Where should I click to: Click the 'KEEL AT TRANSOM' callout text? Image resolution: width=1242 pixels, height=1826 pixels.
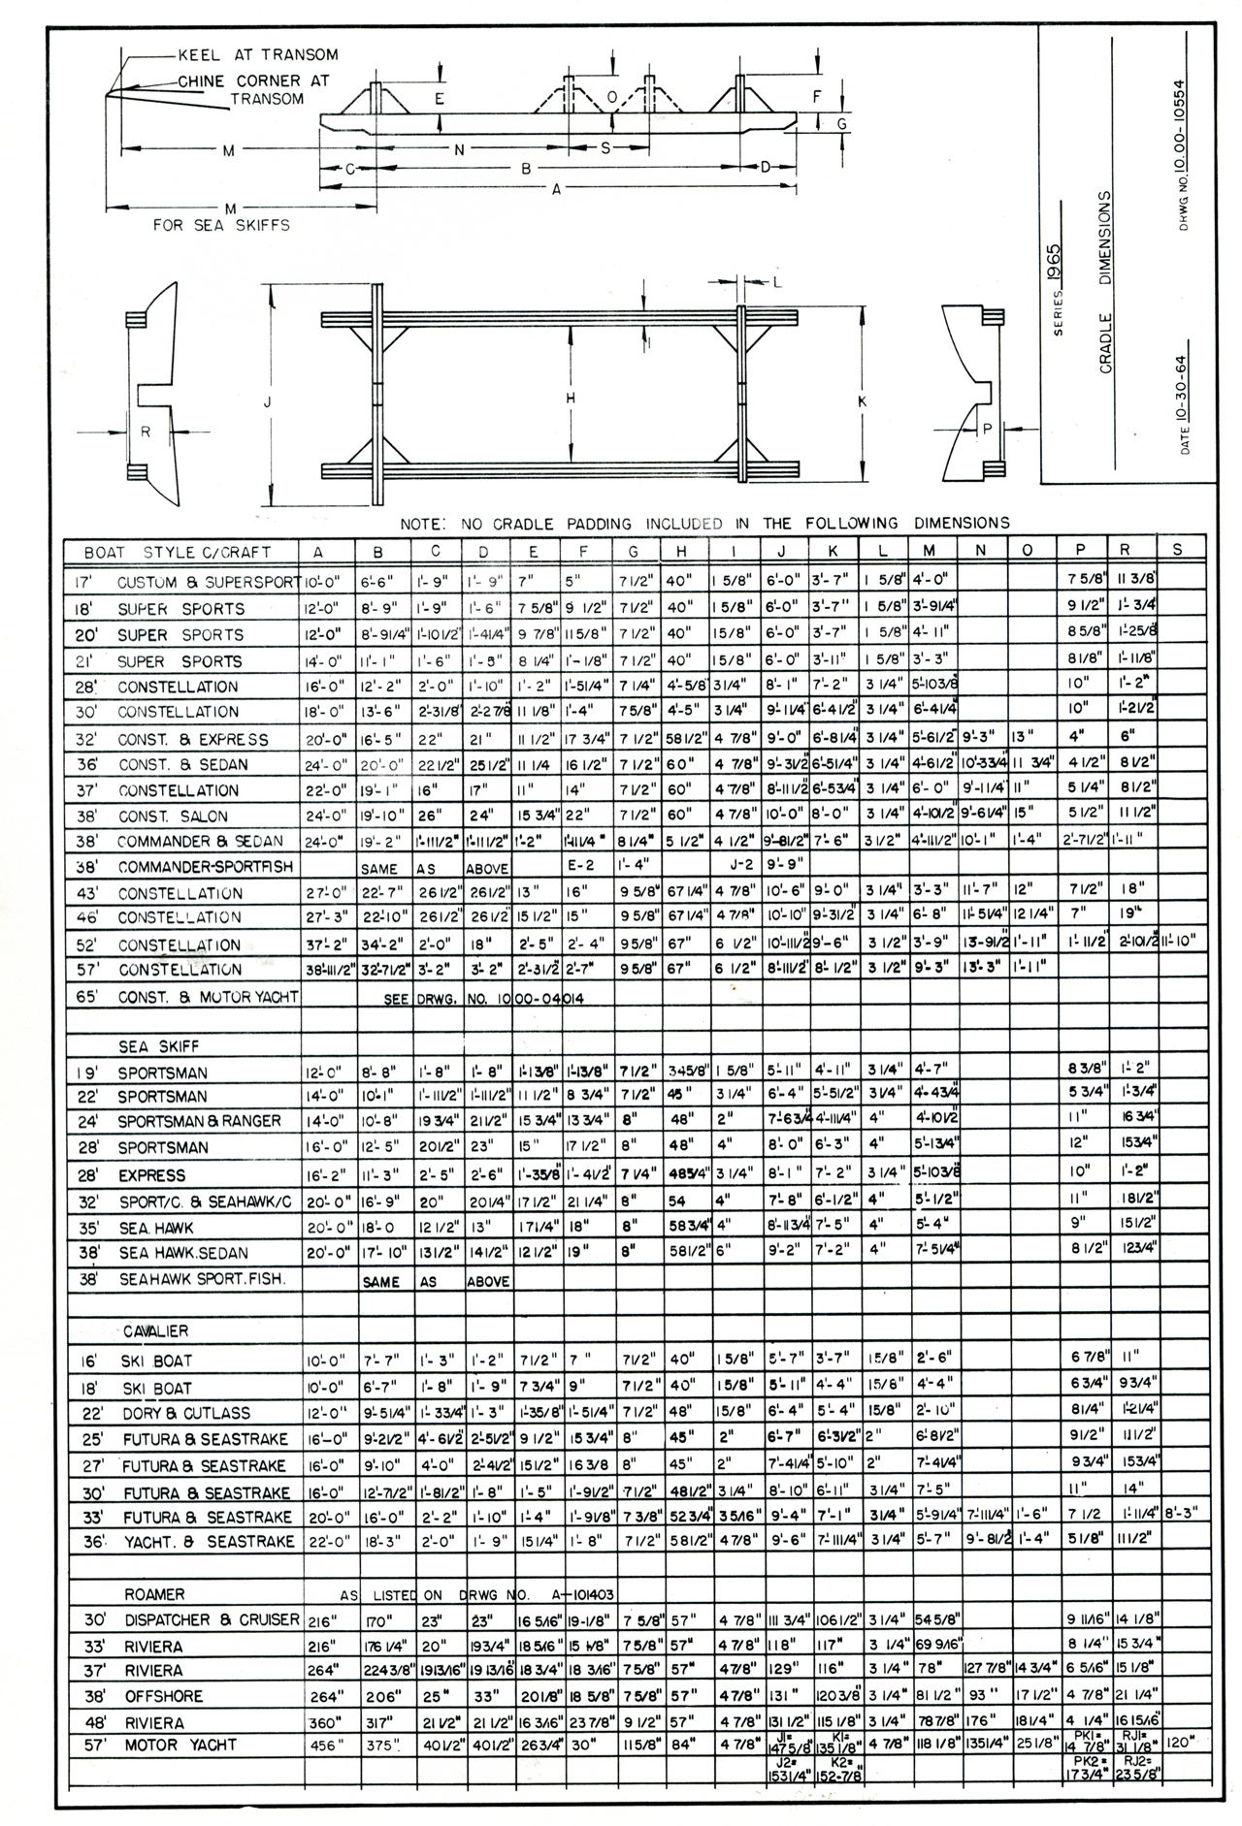[258, 55]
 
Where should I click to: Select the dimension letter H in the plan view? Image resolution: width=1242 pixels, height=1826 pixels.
[571, 399]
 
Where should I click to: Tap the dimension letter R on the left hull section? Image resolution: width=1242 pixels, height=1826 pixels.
[146, 432]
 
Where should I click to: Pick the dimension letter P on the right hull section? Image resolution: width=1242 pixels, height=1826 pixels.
[988, 429]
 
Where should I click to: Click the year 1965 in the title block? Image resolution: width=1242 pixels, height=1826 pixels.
[1054, 261]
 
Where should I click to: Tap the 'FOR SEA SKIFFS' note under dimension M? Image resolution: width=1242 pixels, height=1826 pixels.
[221, 225]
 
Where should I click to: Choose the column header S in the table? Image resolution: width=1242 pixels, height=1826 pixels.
[1177, 550]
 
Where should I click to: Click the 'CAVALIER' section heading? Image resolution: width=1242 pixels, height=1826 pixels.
[155, 1331]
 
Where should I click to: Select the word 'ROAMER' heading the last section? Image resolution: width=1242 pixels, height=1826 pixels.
[154, 1594]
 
